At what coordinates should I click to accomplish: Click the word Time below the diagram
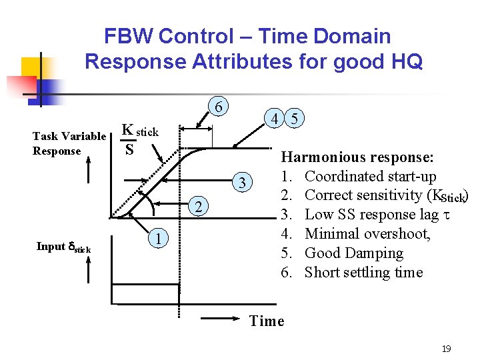point(267,321)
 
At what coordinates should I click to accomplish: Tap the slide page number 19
point(446,348)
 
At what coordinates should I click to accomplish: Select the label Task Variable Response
point(69,143)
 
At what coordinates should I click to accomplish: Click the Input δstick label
point(63,247)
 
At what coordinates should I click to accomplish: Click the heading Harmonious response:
point(358,157)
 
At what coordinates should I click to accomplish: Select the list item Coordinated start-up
point(370,177)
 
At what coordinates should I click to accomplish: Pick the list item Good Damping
point(353,253)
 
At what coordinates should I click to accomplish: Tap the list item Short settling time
point(363,273)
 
